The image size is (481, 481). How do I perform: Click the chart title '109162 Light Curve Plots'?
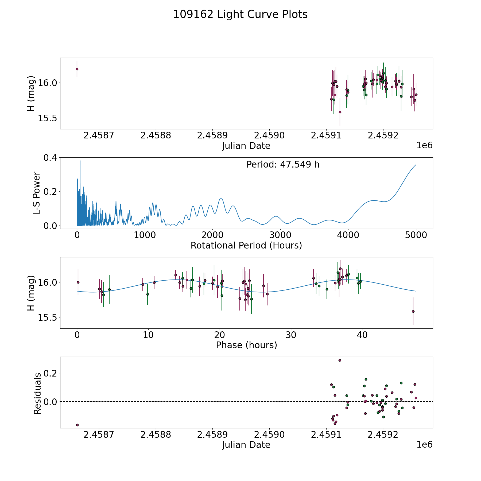(240, 14)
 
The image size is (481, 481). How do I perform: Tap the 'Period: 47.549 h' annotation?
(283, 165)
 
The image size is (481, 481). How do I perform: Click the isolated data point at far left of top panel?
(77, 69)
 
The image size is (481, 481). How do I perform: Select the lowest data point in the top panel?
(340, 112)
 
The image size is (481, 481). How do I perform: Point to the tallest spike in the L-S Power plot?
(80, 161)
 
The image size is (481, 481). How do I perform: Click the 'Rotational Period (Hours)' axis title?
(246, 245)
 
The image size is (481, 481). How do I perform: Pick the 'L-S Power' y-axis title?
(37, 193)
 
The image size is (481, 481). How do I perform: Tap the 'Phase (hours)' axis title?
(246, 345)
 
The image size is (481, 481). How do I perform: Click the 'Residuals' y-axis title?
(37, 393)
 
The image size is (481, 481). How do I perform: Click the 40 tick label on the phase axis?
(362, 335)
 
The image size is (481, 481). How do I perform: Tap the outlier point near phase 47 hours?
(413, 311)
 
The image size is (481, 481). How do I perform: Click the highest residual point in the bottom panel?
(340, 360)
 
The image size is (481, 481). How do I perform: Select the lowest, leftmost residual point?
(77, 425)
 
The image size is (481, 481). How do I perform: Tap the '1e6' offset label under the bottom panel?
(424, 445)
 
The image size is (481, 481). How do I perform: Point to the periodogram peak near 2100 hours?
(221, 198)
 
